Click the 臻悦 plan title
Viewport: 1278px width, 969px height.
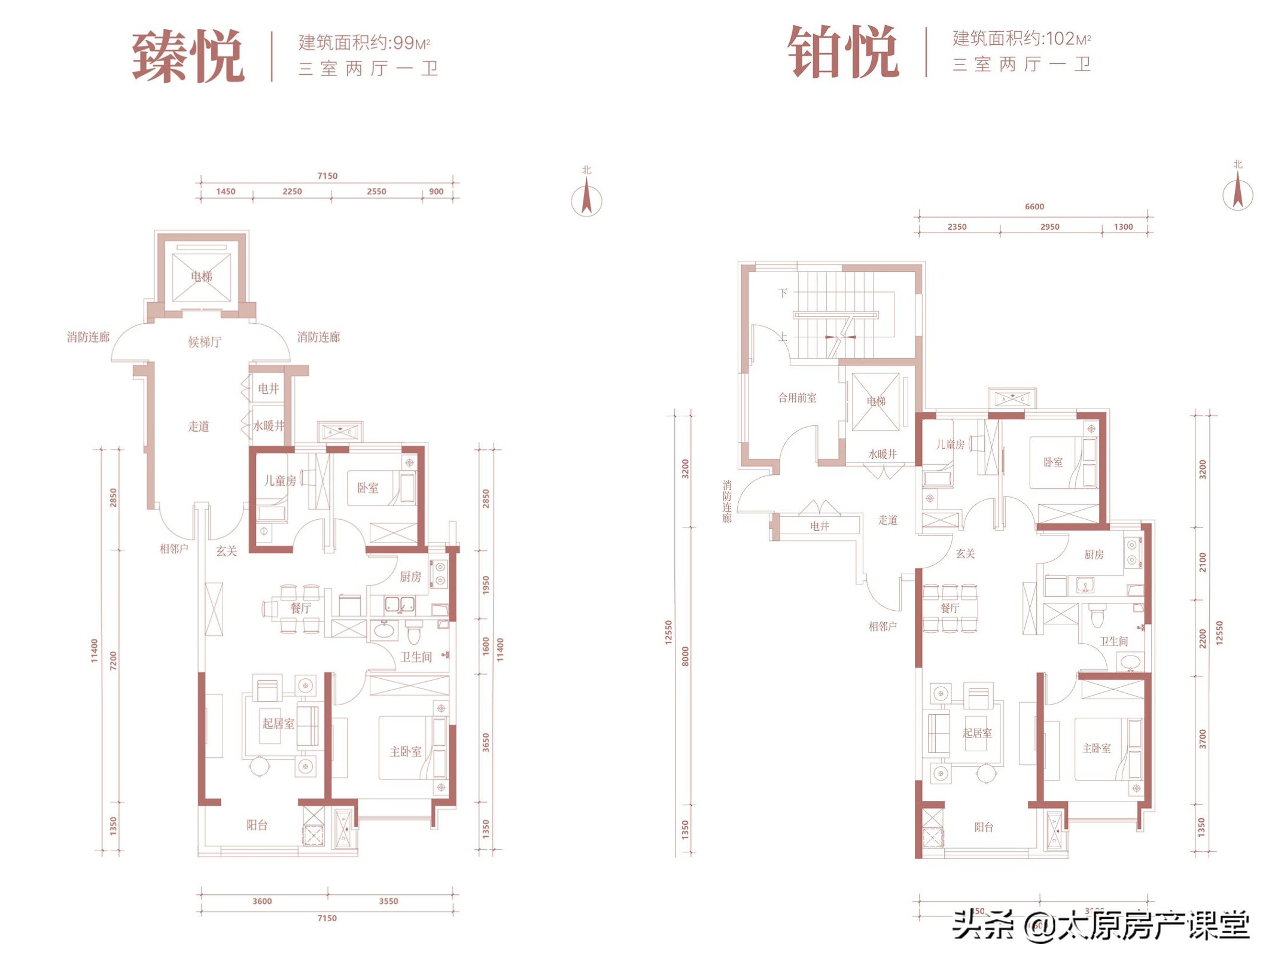[x=188, y=56]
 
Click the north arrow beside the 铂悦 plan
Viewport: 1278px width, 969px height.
[x=1237, y=191]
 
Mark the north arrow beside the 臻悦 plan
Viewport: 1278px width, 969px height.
[x=586, y=197]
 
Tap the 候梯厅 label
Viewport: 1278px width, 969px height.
[x=205, y=342]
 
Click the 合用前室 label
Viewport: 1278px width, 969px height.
[x=797, y=398]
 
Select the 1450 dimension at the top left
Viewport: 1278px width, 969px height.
[x=226, y=191]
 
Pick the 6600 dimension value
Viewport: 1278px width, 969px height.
[x=1034, y=207]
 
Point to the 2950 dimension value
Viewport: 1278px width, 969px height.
[x=1049, y=227]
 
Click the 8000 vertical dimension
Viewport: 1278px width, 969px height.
[x=686, y=656]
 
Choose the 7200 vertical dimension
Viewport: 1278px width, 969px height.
[x=114, y=660]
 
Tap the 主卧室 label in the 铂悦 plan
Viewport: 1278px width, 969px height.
[x=1096, y=748]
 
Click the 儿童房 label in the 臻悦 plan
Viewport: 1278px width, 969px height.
[x=280, y=481]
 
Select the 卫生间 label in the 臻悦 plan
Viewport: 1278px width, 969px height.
[x=416, y=657]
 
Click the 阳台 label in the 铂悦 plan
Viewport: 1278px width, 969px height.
[x=984, y=827]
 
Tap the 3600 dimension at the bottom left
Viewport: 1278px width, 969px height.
[x=262, y=901]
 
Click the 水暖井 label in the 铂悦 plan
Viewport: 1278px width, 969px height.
[x=883, y=454]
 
